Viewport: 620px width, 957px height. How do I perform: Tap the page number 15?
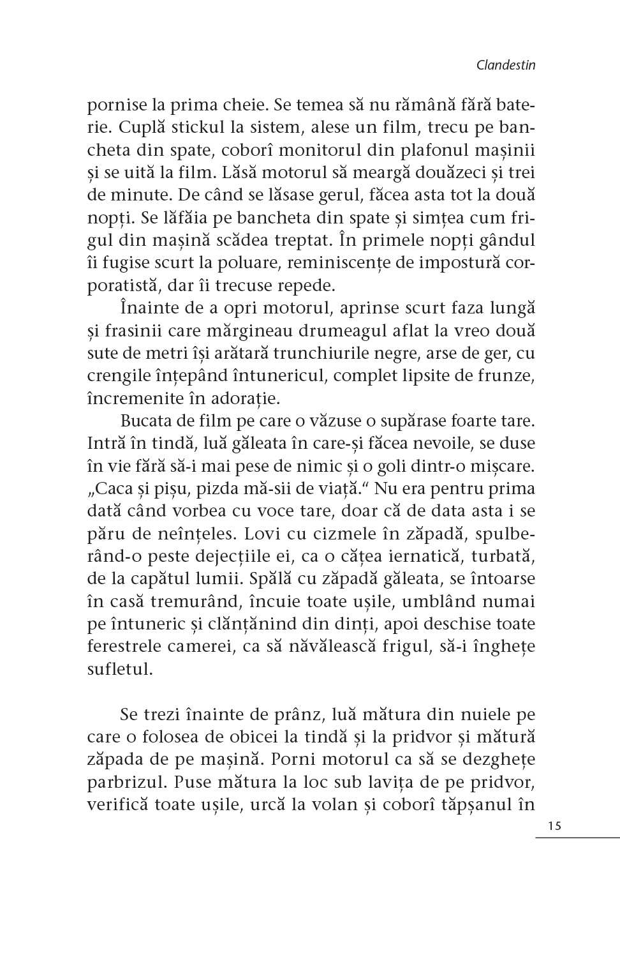click(x=554, y=825)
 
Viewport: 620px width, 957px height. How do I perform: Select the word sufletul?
click(x=120, y=669)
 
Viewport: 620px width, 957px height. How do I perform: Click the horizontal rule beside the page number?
click(x=577, y=837)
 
